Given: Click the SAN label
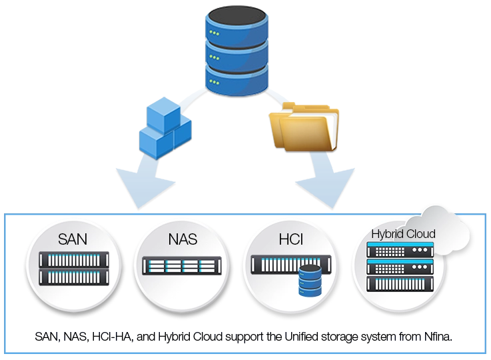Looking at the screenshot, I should tap(73, 238).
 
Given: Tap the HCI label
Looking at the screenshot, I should tap(290, 238).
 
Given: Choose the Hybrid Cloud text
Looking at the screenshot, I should tap(403, 234).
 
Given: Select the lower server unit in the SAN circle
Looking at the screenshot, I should tap(73, 275).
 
